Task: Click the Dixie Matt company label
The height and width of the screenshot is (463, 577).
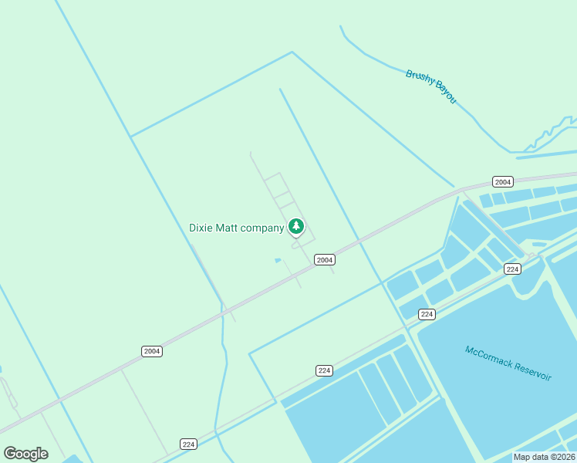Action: pos(236,228)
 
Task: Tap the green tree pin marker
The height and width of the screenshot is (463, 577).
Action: pos(295,226)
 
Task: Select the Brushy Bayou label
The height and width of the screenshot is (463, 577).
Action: pos(431,86)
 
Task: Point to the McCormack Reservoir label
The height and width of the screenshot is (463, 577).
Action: pos(508,363)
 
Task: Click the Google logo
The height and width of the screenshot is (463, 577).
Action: pos(25,453)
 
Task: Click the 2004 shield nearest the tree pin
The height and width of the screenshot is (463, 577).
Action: pos(325,260)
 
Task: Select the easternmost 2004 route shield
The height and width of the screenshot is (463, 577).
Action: pos(502,182)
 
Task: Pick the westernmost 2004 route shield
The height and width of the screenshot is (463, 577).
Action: pos(152,351)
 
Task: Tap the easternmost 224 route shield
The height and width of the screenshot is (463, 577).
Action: pos(512,269)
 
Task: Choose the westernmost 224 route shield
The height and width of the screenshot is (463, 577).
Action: pos(189,444)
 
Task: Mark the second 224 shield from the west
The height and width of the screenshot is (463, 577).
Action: pos(324,370)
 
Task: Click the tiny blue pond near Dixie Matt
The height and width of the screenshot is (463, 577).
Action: pos(278,260)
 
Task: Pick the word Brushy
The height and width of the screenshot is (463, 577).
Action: pos(419,79)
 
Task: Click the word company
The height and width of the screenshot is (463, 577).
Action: pos(262,228)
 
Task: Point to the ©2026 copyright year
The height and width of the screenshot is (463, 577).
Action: pos(562,457)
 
